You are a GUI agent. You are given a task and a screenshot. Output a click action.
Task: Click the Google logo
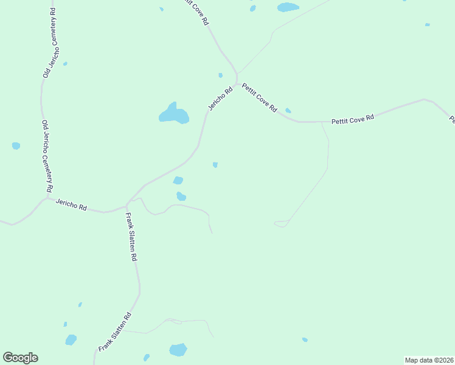click(x=20, y=358)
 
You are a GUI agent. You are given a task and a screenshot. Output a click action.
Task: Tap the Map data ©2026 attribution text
click(x=429, y=360)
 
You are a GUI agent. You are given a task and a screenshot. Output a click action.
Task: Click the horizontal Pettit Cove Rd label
click(x=352, y=120)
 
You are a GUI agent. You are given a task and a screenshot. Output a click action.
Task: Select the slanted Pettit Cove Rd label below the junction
click(x=259, y=97)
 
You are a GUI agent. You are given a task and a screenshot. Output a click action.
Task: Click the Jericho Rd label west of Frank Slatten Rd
click(x=71, y=204)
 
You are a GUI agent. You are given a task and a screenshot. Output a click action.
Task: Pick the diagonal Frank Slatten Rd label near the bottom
click(x=116, y=332)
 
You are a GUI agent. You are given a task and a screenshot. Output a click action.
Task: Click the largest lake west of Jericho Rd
click(x=173, y=114)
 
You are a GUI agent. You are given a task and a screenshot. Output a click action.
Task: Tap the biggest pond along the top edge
click(x=288, y=7)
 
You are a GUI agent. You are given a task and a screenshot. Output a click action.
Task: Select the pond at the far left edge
click(x=16, y=146)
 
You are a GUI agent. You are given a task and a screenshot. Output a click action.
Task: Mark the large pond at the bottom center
click(x=178, y=350)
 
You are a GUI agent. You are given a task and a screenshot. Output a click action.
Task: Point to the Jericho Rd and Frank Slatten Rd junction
click(x=127, y=206)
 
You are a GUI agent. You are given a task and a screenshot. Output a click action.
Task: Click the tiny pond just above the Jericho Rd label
click(x=220, y=75)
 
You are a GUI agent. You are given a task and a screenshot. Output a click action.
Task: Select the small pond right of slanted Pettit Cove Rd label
click(x=288, y=111)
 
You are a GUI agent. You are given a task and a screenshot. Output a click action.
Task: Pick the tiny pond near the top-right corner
click(x=427, y=25)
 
